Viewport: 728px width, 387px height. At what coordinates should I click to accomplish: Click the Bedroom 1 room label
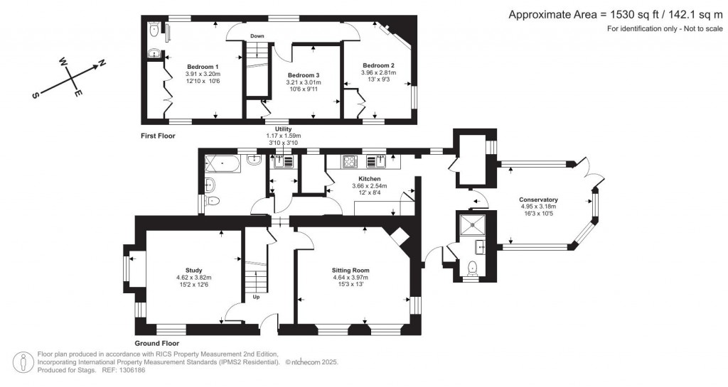coord(203,66)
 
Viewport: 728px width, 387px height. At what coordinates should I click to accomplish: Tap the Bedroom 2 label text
coord(377,65)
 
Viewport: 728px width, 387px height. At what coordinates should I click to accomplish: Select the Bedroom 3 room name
coord(304,75)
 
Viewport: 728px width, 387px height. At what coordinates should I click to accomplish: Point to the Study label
coord(194,270)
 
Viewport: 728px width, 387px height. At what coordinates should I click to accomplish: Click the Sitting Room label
coord(350,270)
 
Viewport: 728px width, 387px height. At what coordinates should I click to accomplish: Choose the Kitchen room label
coord(369,179)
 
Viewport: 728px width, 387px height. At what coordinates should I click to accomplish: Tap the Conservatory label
coord(538,200)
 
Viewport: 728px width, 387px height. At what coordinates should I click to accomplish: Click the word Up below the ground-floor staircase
coord(256,297)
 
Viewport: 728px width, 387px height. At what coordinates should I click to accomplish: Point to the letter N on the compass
coord(102,64)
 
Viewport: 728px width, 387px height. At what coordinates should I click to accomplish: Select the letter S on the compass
coord(35,95)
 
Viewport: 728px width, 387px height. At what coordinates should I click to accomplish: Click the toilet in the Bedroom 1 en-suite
coord(154,30)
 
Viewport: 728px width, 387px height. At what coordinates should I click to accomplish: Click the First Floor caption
coord(158,135)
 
